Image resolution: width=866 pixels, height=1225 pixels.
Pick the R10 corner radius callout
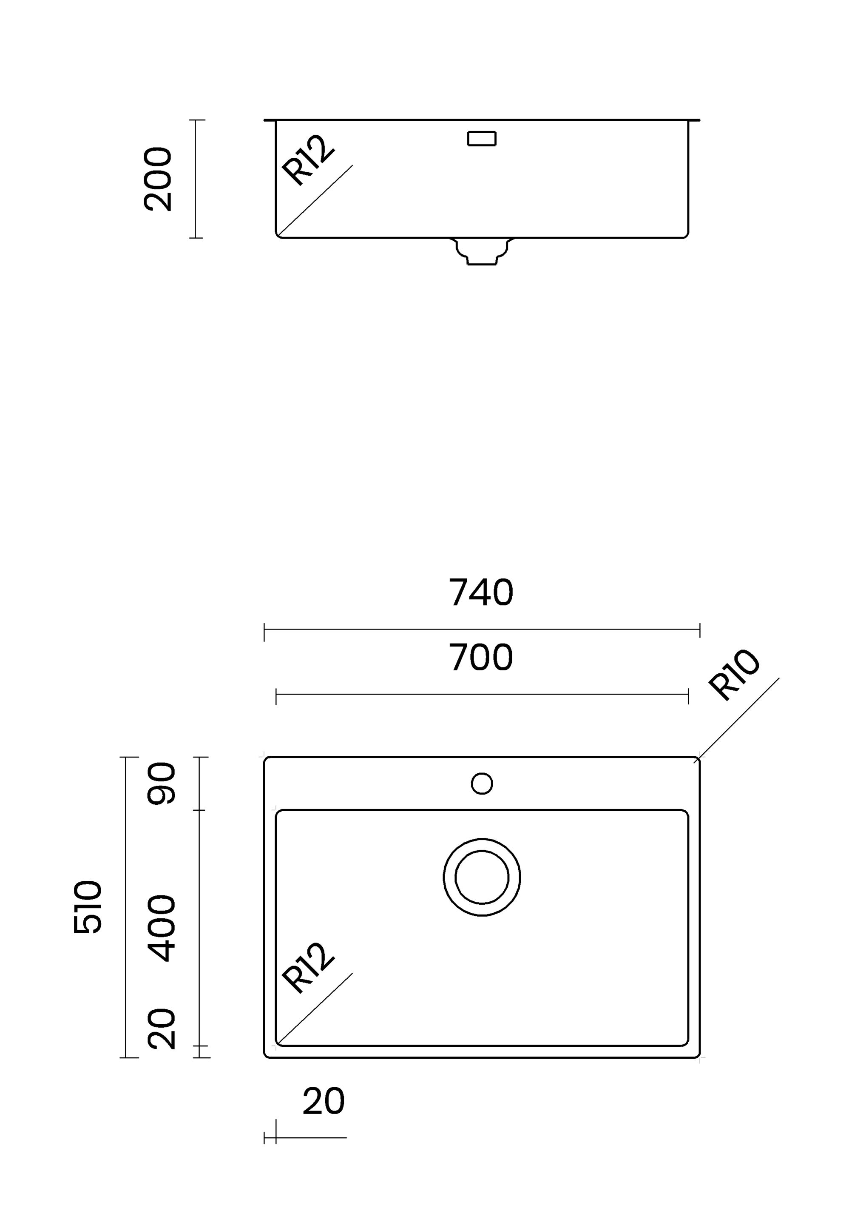pos(734,675)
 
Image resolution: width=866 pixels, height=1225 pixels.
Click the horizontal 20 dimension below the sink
pos(323,1101)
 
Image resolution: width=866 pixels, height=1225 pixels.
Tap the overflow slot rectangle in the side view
pos(482,139)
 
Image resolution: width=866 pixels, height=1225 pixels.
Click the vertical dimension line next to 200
pos(196,179)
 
